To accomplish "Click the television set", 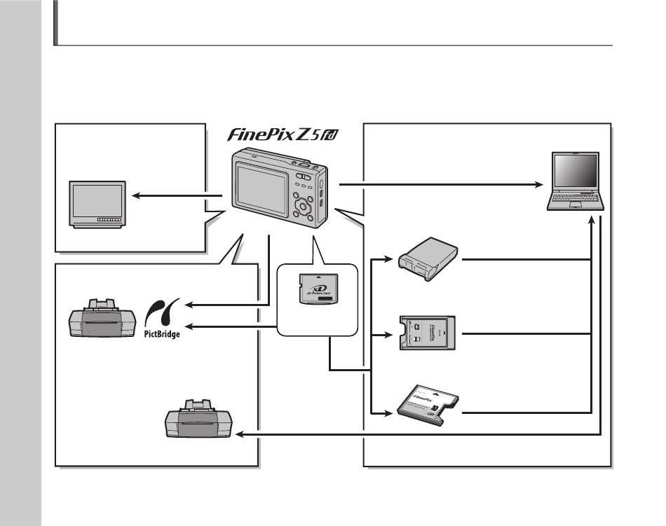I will (97, 204).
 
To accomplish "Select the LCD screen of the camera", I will (262, 184).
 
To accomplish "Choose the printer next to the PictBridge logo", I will (100, 320).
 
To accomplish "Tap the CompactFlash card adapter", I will (426, 406).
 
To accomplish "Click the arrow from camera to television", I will (168, 197).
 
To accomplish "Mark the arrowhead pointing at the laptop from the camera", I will (541, 184).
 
